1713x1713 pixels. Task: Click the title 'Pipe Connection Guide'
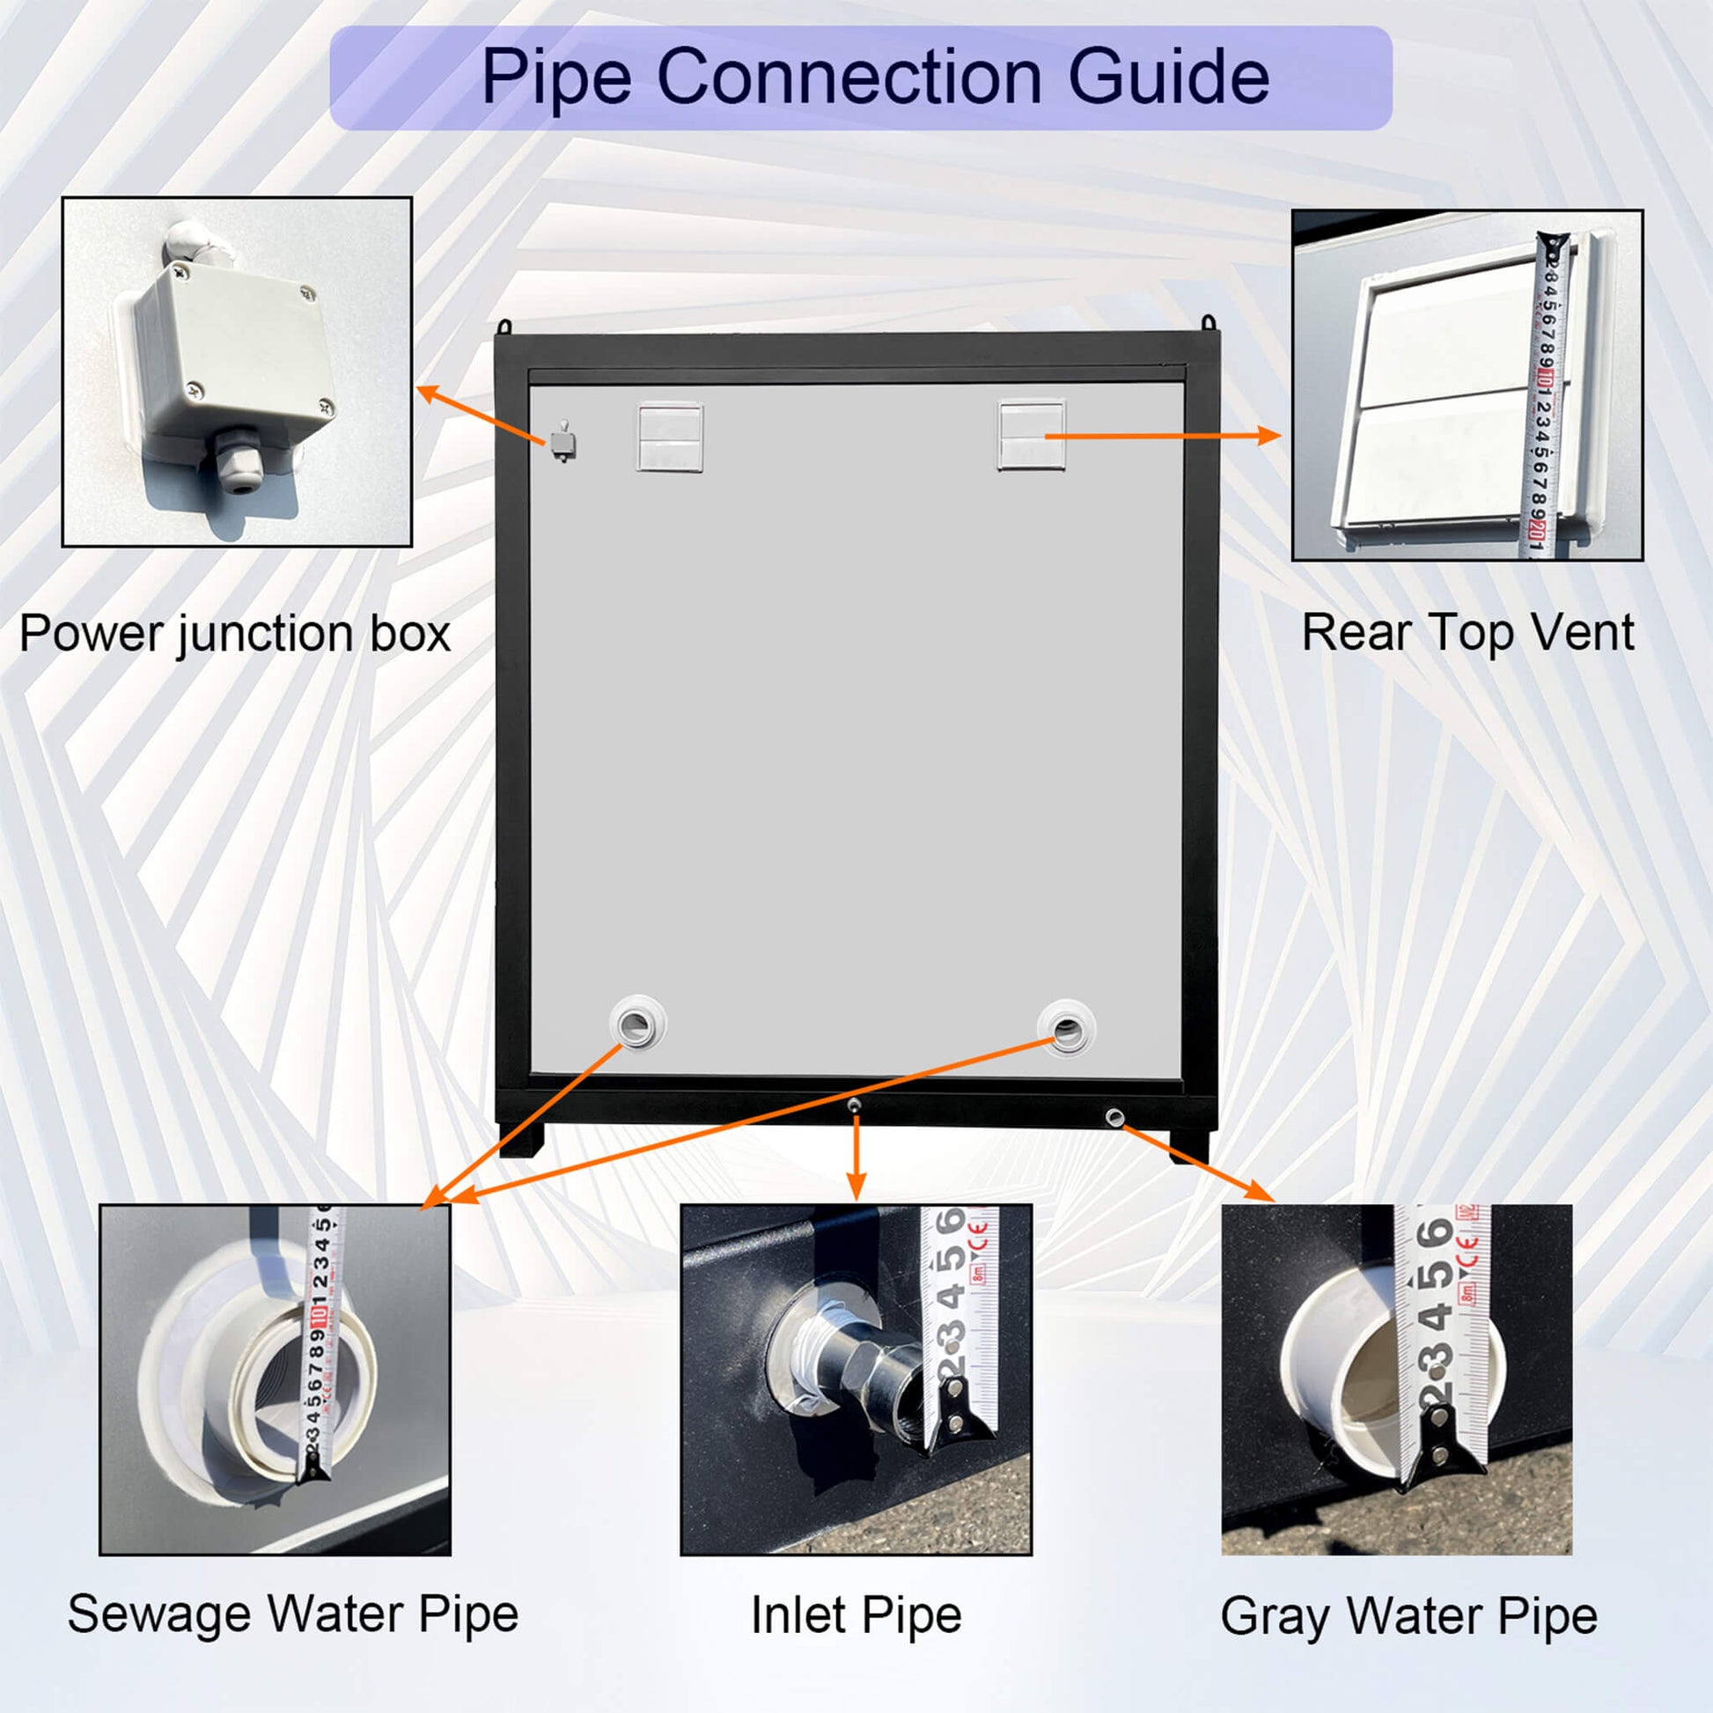tap(874, 77)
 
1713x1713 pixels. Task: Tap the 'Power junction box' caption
tap(235, 634)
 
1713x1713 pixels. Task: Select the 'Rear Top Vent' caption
tap(1467, 633)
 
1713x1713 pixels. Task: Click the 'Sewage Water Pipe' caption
tap(292, 1614)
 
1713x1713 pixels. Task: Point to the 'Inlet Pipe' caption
tap(856, 1614)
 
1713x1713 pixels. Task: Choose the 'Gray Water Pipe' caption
tap(1409, 1615)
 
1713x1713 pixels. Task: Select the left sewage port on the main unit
tap(637, 1025)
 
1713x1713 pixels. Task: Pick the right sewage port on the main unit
tap(1067, 1028)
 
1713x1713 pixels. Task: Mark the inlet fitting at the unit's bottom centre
tap(854, 1105)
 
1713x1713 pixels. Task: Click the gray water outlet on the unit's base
tap(1114, 1117)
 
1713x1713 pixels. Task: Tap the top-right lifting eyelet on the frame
tap(1208, 323)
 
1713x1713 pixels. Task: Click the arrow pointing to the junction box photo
tap(482, 415)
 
